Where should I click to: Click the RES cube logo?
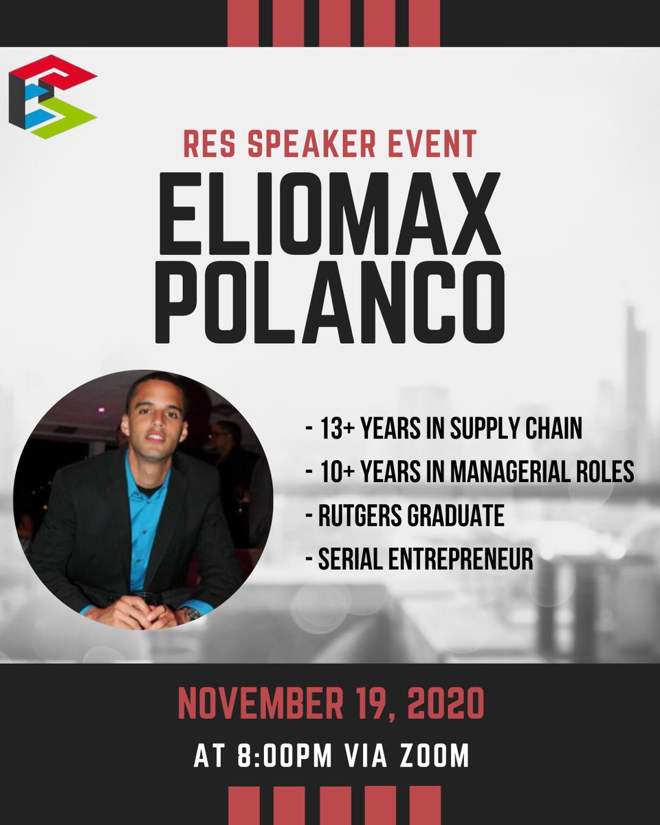click(x=52, y=97)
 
